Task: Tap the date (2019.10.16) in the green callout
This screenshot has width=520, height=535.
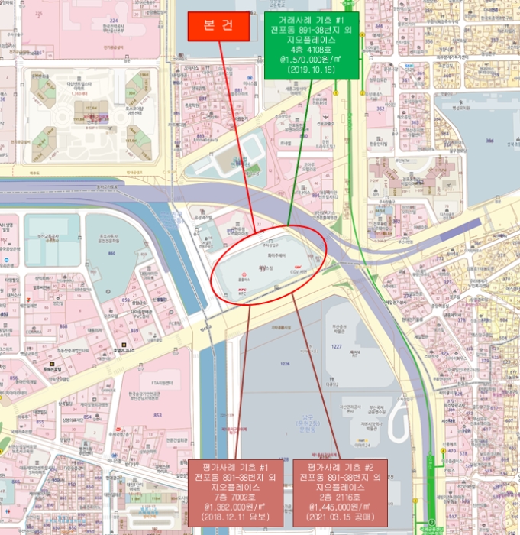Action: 312,69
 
